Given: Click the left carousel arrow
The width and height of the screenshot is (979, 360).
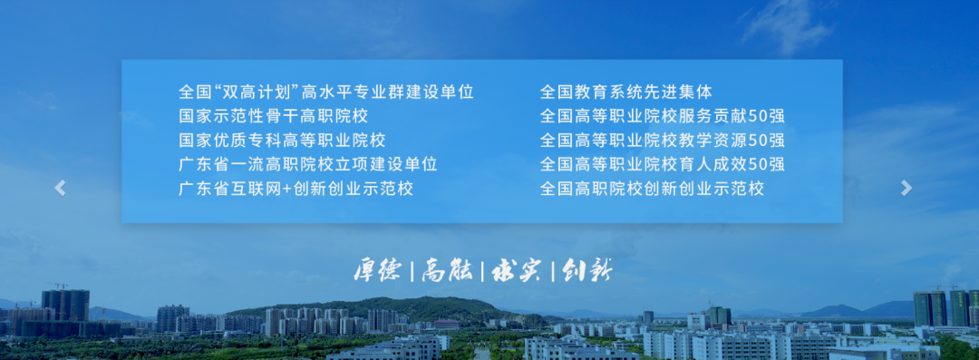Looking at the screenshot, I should [x=60, y=188].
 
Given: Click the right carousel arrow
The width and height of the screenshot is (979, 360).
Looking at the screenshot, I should [x=906, y=188].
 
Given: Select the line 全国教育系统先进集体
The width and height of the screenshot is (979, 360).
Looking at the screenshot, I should [x=625, y=92].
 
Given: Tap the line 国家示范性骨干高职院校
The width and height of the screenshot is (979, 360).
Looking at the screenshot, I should [x=274, y=116].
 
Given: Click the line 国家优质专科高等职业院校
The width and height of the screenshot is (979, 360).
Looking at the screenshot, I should [x=282, y=141].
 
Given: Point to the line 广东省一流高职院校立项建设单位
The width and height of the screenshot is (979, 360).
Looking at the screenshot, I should [x=308, y=164].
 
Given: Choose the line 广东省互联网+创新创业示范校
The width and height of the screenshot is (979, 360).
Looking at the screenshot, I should [x=296, y=189].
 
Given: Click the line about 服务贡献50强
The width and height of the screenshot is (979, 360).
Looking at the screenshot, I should [x=662, y=116].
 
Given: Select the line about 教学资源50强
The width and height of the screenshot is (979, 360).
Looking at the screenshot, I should [x=662, y=141].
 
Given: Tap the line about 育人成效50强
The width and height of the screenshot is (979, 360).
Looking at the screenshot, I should [x=662, y=164].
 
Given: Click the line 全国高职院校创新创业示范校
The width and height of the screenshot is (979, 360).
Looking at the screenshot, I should [x=652, y=189].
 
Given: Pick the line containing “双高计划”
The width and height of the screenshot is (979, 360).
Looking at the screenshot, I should [x=326, y=92].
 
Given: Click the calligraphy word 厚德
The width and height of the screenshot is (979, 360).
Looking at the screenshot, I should [x=377, y=270].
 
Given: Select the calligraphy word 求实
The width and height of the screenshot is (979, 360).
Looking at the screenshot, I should [x=515, y=270].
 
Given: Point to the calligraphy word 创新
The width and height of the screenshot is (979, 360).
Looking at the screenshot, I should [x=586, y=270].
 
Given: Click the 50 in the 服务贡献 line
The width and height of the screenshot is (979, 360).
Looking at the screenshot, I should [x=759, y=116].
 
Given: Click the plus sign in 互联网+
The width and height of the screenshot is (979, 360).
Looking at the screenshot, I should [x=287, y=189].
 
